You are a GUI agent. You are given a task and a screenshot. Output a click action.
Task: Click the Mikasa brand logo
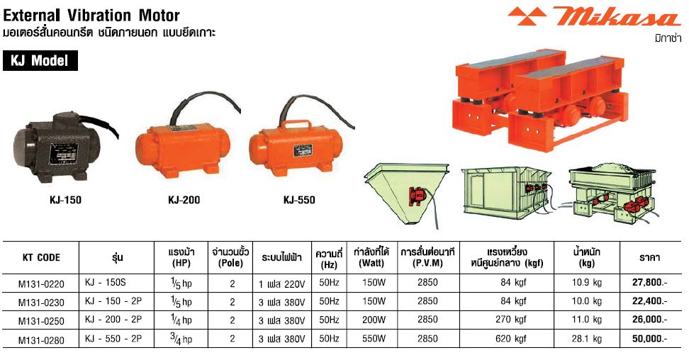tap(594, 17)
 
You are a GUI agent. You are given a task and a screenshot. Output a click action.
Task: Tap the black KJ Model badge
tap(40, 60)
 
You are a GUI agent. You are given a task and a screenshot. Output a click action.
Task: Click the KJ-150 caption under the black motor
tap(65, 200)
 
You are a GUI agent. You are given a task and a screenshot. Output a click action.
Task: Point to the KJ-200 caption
tap(184, 200)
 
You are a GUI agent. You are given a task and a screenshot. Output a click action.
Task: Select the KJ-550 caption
tap(299, 200)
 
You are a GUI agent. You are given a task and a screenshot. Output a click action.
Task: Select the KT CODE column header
tap(41, 257)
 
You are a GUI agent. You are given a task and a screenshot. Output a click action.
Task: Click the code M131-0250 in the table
tap(41, 320)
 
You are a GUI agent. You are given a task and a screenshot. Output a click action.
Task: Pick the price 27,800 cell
tap(649, 283)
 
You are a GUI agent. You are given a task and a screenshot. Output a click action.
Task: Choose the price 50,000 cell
tap(649, 339)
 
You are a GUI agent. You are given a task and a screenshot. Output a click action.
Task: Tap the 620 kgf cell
tap(511, 339)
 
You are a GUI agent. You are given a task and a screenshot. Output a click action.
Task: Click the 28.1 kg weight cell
tap(587, 339)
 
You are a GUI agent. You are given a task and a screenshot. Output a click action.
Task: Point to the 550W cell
tap(374, 339)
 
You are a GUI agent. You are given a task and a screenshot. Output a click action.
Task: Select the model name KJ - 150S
tap(106, 282)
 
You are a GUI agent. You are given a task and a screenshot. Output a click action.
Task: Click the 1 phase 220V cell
tap(281, 284)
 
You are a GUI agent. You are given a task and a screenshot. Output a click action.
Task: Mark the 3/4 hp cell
tap(181, 339)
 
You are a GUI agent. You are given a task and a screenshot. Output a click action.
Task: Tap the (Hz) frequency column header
tap(329, 264)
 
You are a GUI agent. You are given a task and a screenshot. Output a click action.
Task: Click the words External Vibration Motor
tap(91, 16)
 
